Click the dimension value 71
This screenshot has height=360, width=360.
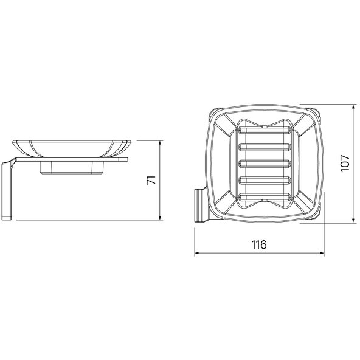151,180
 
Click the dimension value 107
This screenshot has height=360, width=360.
345,163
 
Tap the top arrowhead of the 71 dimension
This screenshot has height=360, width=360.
161,143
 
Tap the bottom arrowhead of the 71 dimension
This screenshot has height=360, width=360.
161,218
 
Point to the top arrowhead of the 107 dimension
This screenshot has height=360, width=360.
354,107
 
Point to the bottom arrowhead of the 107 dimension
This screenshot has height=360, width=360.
354,220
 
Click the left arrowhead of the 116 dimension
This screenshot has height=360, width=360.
197,253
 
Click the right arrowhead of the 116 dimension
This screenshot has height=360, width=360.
322,253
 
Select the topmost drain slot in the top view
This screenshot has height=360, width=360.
265,130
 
